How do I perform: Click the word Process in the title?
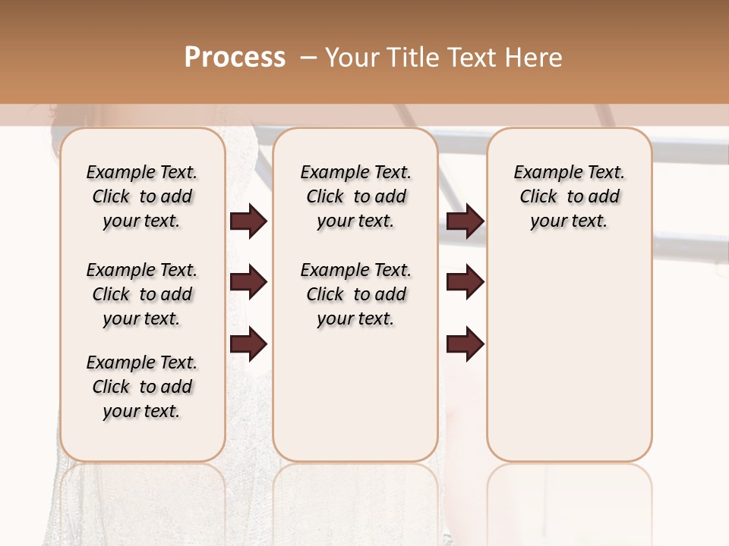coord(235,57)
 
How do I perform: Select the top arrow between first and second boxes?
coord(248,221)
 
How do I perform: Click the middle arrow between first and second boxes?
coord(248,282)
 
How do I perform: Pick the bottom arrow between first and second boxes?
coord(248,344)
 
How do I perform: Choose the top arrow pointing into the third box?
coord(465,221)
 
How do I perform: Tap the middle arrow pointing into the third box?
coord(465,282)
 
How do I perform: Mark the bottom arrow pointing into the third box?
coord(465,344)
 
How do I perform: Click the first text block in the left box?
coord(142,196)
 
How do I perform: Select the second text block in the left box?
coord(142,294)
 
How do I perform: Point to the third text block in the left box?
coord(142,387)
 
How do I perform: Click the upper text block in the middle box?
coord(355,196)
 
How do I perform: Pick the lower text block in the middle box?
coord(355,294)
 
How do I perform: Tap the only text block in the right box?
coord(570,196)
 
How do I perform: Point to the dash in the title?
coord(308,57)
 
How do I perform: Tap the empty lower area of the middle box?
coord(355,394)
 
